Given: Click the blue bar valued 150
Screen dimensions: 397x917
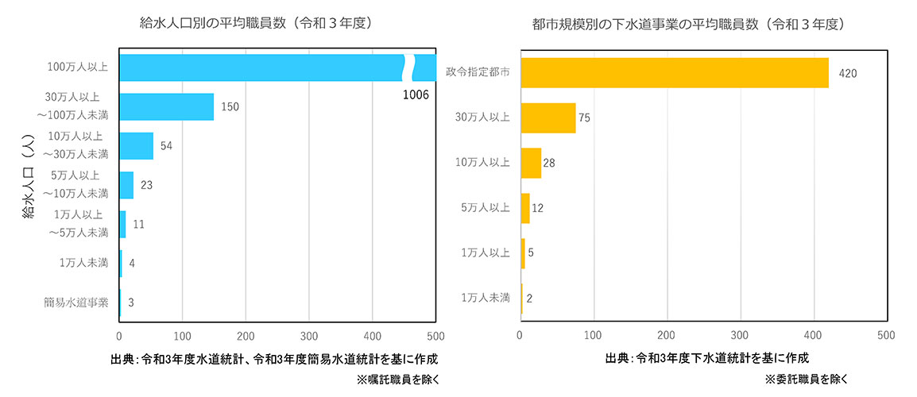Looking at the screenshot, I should [x=166, y=106].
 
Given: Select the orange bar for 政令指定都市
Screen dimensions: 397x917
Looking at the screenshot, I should [x=674, y=72].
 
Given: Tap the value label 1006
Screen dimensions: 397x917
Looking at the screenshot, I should [x=415, y=95].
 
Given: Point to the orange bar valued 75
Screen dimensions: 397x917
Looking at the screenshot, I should [x=547, y=118].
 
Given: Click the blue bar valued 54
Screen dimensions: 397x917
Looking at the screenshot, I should [x=136, y=145].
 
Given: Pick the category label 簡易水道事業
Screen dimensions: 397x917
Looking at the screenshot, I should [x=76, y=302].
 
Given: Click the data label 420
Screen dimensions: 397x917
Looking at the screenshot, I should [x=847, y=73].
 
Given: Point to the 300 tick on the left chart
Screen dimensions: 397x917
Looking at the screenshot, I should [x=309, y=335].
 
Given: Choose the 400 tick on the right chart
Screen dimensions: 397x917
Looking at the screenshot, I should [x=813, y=335].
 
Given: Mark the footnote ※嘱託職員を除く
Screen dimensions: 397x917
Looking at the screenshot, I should [x=397, y=380].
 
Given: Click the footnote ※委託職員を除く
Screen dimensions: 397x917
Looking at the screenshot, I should [x=807, y=380].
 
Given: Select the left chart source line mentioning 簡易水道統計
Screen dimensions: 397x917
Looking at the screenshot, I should [x=274, y=359].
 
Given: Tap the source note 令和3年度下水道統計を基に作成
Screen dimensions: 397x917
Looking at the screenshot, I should [x=707, y=358].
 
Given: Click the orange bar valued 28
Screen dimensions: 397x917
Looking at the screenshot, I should [x=530, y=163].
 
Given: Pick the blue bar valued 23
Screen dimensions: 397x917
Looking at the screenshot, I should [x=126, y=185].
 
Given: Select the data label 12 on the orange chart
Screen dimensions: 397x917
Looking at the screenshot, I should [x=538, y=208].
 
